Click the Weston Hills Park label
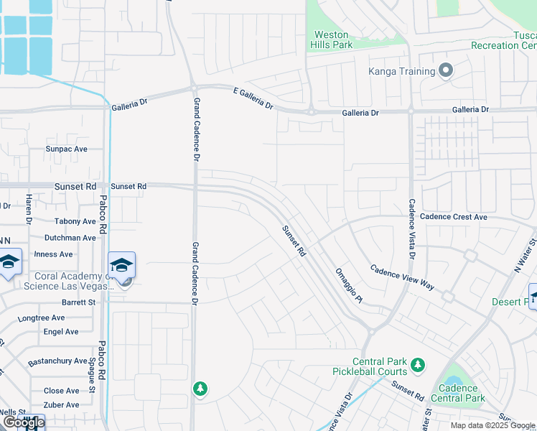(x=331, y=40)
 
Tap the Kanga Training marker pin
(x=446, y=71)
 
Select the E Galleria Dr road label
(x=253, y=99)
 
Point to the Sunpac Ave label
(x=66, y=149)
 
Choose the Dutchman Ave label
(x=70, y=238)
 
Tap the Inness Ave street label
(x=53, y=254)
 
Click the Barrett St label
(x=78, y=302)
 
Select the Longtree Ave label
(x=41, y=318)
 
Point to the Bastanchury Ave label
(x=57, y=361)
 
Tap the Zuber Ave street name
(x=61, y=405)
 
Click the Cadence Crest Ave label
(x=454, y=217)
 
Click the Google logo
(x=23, y=422)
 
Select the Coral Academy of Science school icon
(x=121, y=265)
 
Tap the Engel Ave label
(x=61, y=332)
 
